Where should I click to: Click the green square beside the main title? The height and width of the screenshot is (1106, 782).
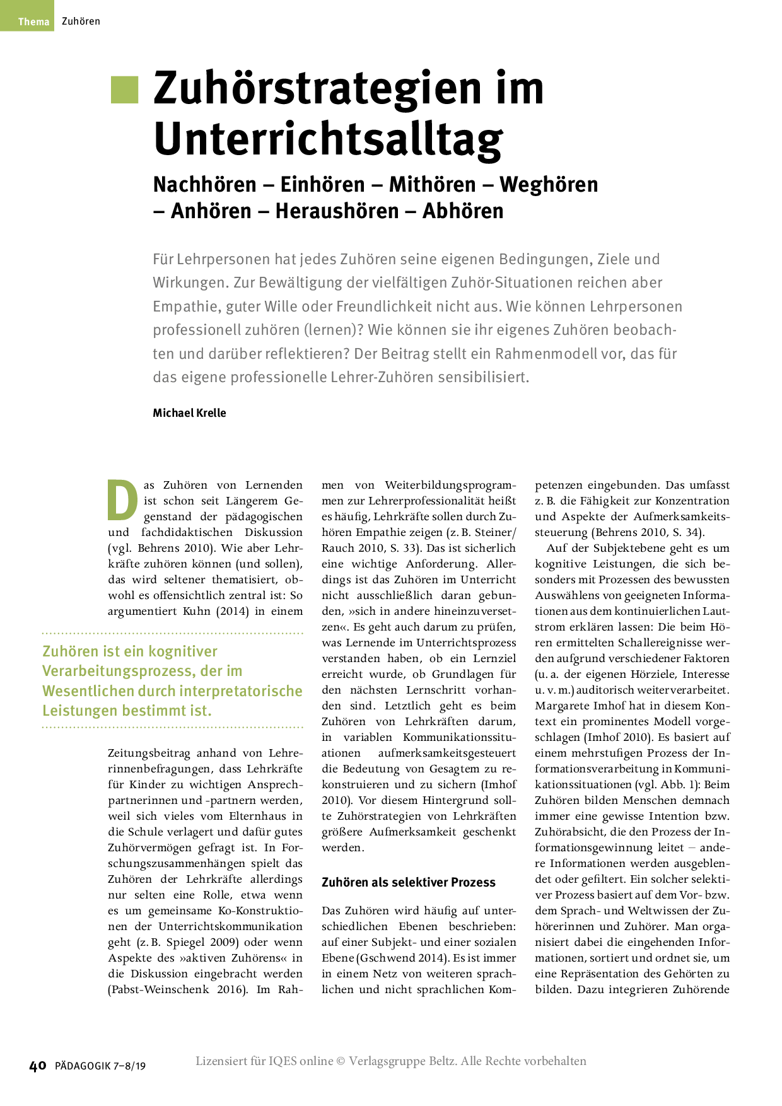click(124, 90)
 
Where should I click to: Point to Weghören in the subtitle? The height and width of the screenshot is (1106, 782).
click(549, 185)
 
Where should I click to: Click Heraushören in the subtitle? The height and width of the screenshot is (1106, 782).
click(337, 211)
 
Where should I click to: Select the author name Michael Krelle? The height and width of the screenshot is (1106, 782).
click(189, 413)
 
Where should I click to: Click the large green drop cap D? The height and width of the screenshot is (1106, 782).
click(122, 501)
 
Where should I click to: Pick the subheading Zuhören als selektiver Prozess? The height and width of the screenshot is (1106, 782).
click(409, 883)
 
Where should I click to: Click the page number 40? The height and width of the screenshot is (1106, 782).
click(38, 1066)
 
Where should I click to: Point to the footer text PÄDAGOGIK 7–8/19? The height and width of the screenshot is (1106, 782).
click(100, 1066)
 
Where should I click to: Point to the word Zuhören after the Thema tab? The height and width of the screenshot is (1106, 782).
click(81, 21)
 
